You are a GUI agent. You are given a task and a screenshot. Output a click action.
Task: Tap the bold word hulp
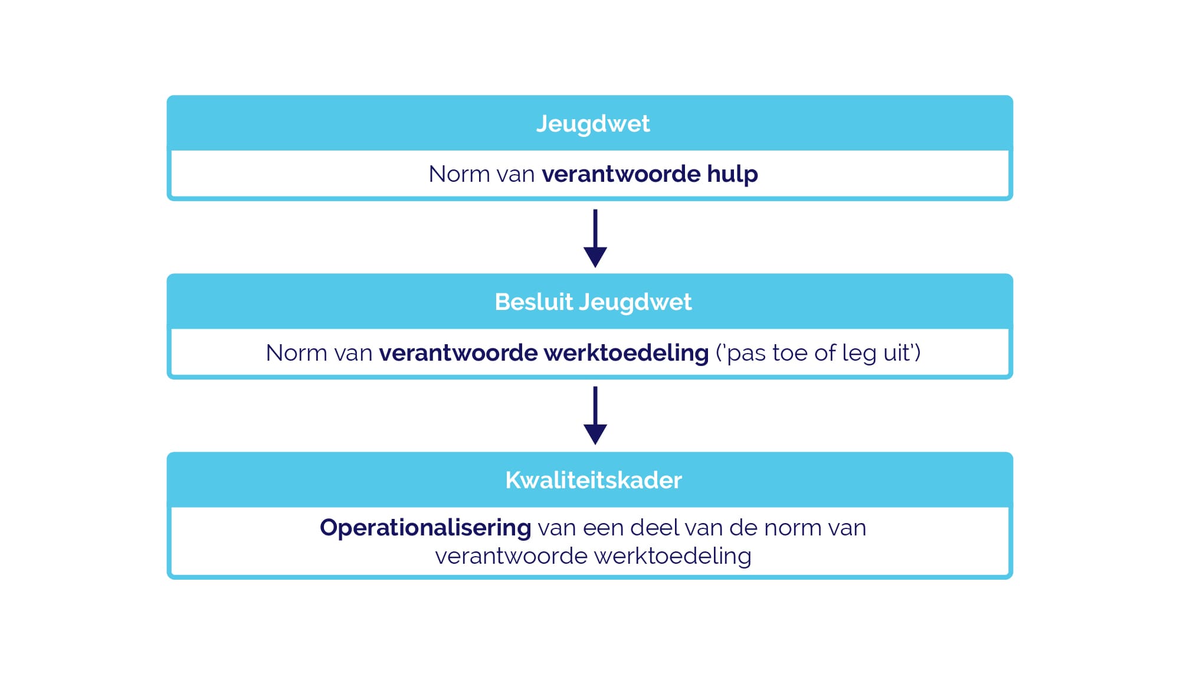click(732, 175)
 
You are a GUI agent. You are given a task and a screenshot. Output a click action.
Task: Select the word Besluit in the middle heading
click(534, 302)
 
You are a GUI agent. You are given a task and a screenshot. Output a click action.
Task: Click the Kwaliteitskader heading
click(594, 480)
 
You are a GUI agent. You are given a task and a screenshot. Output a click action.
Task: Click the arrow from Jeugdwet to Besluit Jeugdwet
click(595, 238)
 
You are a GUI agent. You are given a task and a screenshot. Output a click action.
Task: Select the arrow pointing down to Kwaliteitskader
click(595, 416)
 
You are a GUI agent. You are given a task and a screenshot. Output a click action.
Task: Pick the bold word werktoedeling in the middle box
click(626, 353)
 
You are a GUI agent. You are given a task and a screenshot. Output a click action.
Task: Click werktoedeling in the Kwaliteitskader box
click(673, 556)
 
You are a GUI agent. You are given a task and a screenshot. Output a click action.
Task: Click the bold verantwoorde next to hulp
click(621, 174)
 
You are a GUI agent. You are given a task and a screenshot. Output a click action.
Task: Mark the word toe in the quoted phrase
click(790, 353)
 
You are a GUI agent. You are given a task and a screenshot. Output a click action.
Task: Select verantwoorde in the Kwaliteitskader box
click(512, 556)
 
